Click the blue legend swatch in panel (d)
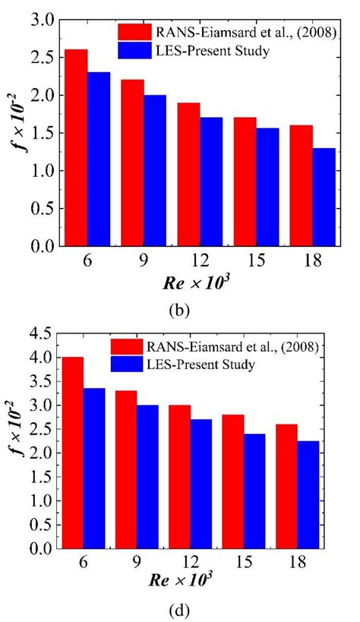tap(130, 365)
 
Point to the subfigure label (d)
tap(196, 608)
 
